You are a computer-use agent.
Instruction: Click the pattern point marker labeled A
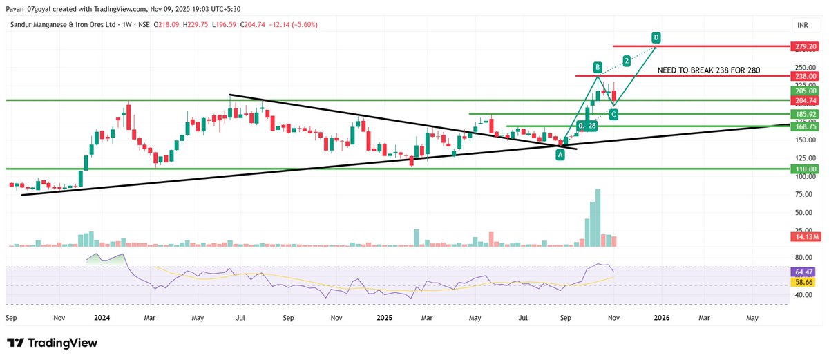tap(560, 155)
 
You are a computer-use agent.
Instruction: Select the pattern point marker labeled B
tap(598, 67)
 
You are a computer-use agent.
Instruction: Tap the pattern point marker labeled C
tap(613, 113)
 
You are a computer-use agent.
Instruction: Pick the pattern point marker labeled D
tap(656, 37)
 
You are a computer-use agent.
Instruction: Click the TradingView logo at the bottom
tap(53, 343)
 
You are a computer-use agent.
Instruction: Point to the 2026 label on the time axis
tap(661, 318)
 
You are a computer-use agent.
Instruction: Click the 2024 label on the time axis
tap(103, 318)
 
